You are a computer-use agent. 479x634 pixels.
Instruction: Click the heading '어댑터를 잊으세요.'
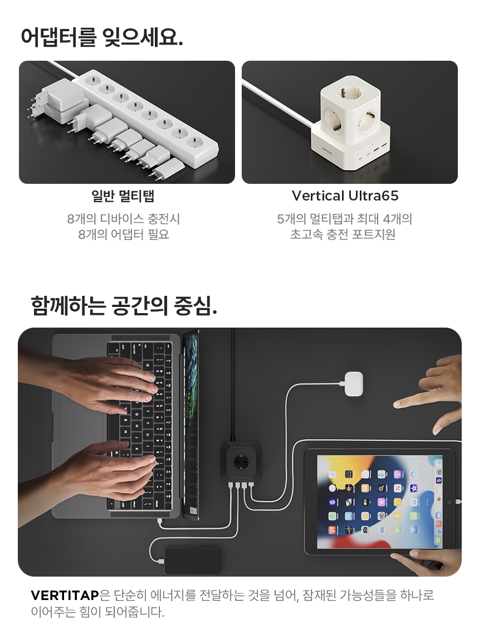(102, 37)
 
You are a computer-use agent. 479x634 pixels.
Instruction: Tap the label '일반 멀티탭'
(123, 196)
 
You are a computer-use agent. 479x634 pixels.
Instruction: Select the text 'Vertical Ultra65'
(345, 196)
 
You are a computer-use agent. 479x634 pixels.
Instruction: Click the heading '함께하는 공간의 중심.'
(124, 305)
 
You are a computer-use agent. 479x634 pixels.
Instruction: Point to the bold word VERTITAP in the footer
(65, 595)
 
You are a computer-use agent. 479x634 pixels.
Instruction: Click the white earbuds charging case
(354, 384)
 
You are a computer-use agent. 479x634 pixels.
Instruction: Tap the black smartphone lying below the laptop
(192, 560)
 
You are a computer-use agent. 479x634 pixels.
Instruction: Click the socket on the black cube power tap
(241, 461)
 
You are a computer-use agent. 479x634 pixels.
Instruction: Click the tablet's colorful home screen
(379, 502)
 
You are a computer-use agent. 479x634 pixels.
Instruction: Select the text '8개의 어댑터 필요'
(123, 235)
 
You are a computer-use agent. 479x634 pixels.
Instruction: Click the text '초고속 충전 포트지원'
(343, 235)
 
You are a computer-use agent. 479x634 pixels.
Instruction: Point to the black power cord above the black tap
(232, 384)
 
